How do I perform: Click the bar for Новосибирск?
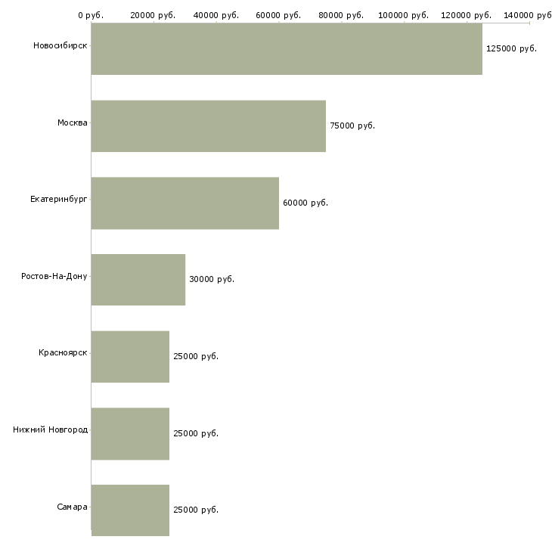[x=287, y=49]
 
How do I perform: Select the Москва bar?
[x=209, y=126]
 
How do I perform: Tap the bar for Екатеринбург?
[x=185, y=203]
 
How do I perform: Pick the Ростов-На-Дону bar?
[x=138, y=280]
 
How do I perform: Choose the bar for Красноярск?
[x=130, y=356]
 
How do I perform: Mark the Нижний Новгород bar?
[x=130, y=433]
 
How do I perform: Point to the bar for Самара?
[x=130, y=510]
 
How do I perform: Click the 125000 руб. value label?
[x=511, y=48]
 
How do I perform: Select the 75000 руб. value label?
[x=352, y=126]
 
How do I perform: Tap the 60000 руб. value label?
[x=305, y=203]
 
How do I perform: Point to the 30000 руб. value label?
[x=212, y=279]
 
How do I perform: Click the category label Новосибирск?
[x=60, y=45]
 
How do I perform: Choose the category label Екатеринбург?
[x=59, y=199]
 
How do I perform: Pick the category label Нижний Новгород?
[x=51, y=430]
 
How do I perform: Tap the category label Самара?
[x=72, y=507]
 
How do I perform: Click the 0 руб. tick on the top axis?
[x=91, y=15]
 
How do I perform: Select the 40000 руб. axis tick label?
[x=216, y=15]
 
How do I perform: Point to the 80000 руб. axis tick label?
[x=341, y=15]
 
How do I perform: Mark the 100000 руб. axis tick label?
[x=404, y=15]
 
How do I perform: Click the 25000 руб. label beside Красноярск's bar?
[x=196, y=356]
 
